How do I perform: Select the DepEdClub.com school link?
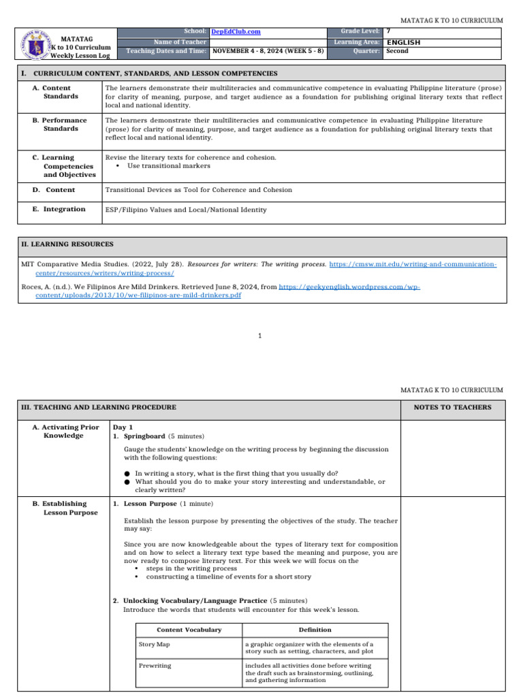coord(236,32)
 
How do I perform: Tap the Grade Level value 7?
coord(388,32)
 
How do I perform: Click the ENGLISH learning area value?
coord(403,42)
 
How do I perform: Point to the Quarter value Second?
coord(397,51)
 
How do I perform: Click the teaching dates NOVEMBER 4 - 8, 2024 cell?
coord(267,51)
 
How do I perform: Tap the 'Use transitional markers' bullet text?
coord(168,165)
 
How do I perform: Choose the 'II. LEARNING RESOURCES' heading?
coord(67,244)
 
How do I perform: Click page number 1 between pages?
coord(261,336)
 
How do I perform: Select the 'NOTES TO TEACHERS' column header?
coord(452,407)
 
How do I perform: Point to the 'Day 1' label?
coord(123,427)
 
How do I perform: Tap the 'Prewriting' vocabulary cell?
coord(155,665)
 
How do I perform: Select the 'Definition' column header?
coord(315,630)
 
